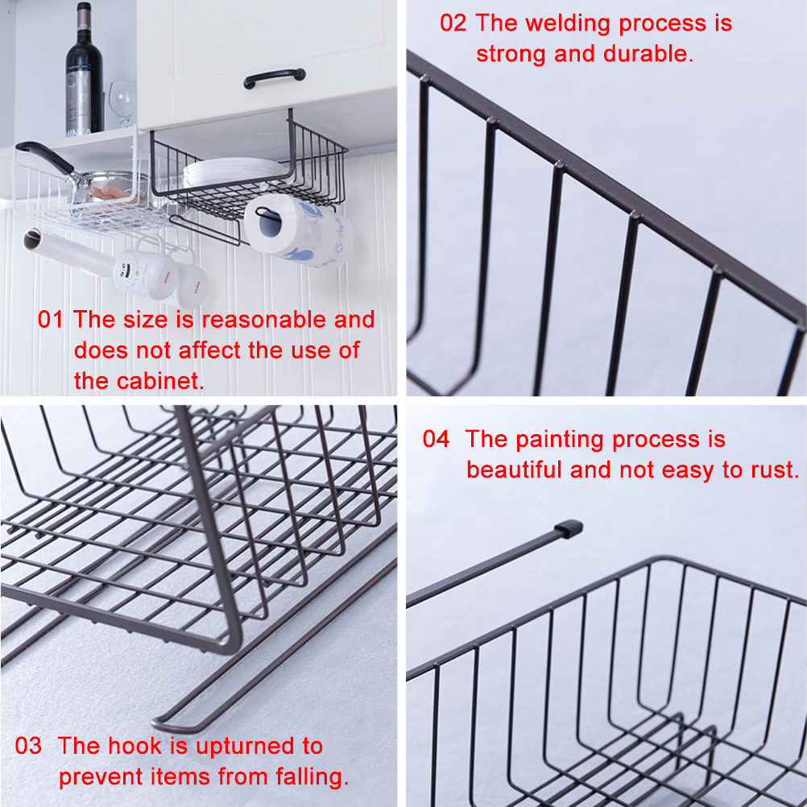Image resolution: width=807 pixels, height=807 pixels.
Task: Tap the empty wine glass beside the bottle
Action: coord(123,103)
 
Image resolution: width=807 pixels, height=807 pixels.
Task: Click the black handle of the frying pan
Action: coord(45,156)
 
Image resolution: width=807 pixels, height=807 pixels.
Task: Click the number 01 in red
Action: coord(50,320)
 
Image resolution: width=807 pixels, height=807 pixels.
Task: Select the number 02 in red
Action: coord(453,23)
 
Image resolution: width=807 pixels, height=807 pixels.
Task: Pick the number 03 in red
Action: coord(28,746)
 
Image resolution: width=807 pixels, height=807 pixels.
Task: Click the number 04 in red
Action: coord(436,439)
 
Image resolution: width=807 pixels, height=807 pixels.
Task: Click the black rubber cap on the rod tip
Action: coord(569,529)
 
